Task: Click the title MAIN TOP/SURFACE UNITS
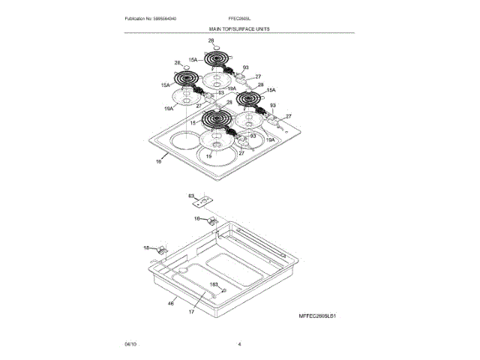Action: click(x=239, y=28)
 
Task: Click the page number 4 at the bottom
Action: click(x=239, y=343)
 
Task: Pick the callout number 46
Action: click(x=170, y=302)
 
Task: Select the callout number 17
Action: click(x=191, y=311)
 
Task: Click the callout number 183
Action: click(x=213, y=285)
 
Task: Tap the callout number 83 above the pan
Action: click(x=192, y=196)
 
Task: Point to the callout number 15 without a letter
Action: click(x=192, y=122)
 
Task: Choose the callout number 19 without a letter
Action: click(x=209, y=155)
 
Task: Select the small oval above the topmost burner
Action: click(x=217, y=46)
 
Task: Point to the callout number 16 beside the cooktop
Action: click(x=158, y=161)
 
